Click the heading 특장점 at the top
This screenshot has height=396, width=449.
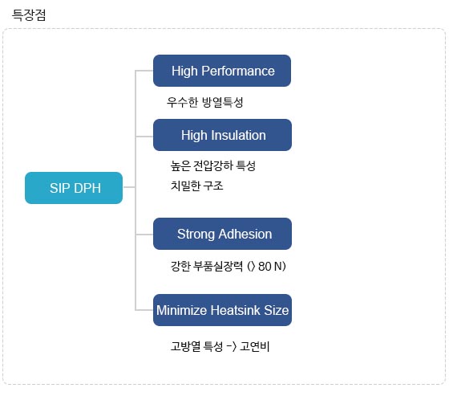(x=29, y=14)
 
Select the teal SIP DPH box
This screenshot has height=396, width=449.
(x=74, y=188)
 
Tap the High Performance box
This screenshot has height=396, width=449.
(x=222, y=71)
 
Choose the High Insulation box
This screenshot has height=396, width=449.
(x=223, y=135)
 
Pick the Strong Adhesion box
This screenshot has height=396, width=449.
(x=223, y=234)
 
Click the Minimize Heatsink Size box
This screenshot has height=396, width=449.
(x=223, y=310)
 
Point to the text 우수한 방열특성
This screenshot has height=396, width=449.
(x=205, y=102)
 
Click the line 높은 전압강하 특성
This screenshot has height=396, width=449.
(x=213, y=165)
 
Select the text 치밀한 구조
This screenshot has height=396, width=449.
(x=197, y=186)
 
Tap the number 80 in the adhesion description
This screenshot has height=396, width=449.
(x=265, y=267)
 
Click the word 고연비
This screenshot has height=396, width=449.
(x=255, y=346)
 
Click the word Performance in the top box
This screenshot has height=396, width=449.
(x=238, y=71)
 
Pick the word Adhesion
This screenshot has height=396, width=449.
(x=245, y=234)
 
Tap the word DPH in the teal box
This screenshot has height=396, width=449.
(x=87, y=188)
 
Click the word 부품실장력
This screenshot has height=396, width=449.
(x=218, y=266)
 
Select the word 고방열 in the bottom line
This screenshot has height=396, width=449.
(x=185, y=346)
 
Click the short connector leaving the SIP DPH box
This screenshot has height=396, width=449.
(x=129, y=187)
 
